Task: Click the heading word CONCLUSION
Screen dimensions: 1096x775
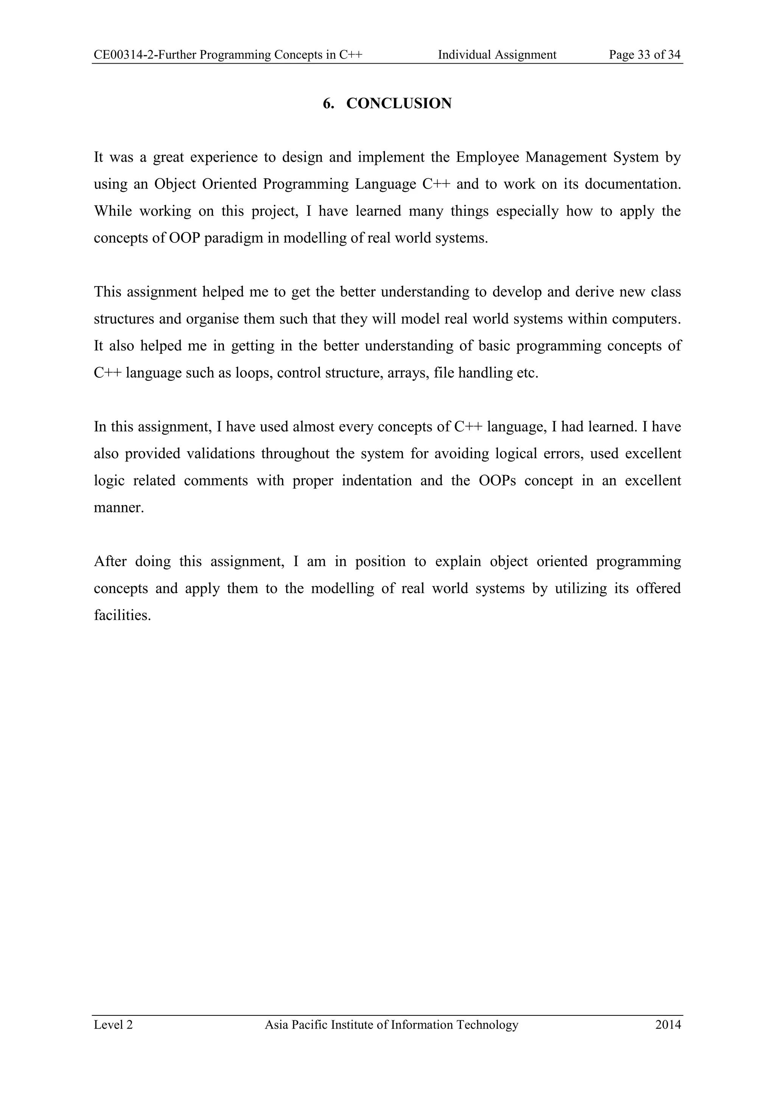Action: point(398,104)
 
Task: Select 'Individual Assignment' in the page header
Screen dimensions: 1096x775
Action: point(497,55)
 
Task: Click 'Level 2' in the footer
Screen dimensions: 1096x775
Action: point(113,1025)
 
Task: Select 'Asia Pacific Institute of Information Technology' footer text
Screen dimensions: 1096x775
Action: point(391,1025)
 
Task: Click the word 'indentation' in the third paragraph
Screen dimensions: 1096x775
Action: point(377,481)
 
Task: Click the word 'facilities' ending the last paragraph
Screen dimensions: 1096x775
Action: point(122,615)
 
